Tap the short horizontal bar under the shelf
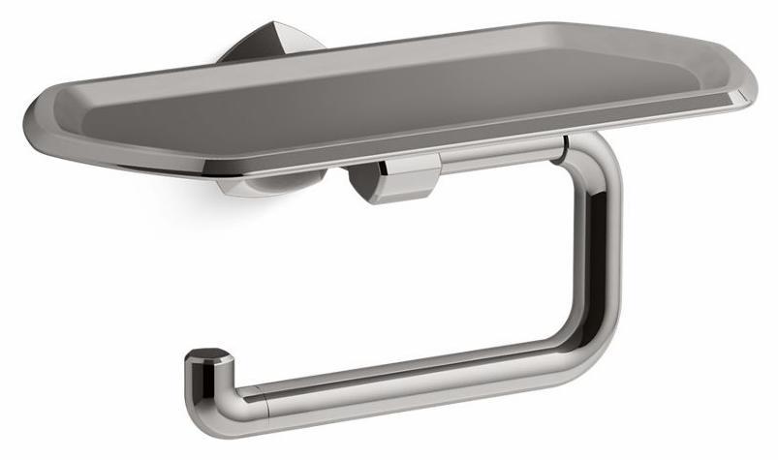point(494,155)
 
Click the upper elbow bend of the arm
point(596,160)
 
